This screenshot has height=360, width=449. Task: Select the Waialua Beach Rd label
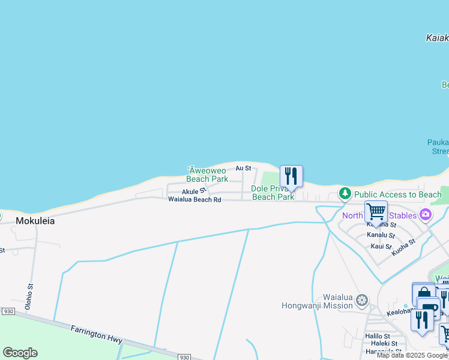(x=194, y=199)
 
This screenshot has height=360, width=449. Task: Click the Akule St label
(x=193, y=191)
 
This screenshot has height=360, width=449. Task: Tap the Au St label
(x=243, y=169)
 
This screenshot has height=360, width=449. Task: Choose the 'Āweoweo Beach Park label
(x=206, y=175)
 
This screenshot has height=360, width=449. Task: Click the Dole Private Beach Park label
(x=273, y=193)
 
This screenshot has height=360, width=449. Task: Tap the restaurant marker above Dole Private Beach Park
(x=291, y=176)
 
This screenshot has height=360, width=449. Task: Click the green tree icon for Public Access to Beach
(x=345, y=193)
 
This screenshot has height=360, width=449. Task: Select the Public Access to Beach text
(x=397, y=194)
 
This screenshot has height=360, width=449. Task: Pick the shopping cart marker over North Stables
(x=376, y=212)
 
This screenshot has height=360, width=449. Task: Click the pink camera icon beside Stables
(x=426, y=215)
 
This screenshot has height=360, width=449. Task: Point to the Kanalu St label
(x=381, y=236)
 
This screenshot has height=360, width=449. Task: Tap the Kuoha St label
(x=403, y=247)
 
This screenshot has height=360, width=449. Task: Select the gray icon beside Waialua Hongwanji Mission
(x=361, y=300)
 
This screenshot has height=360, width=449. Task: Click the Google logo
(x=20, y=353)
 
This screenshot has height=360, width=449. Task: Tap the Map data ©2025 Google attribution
(x=412, y=356)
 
